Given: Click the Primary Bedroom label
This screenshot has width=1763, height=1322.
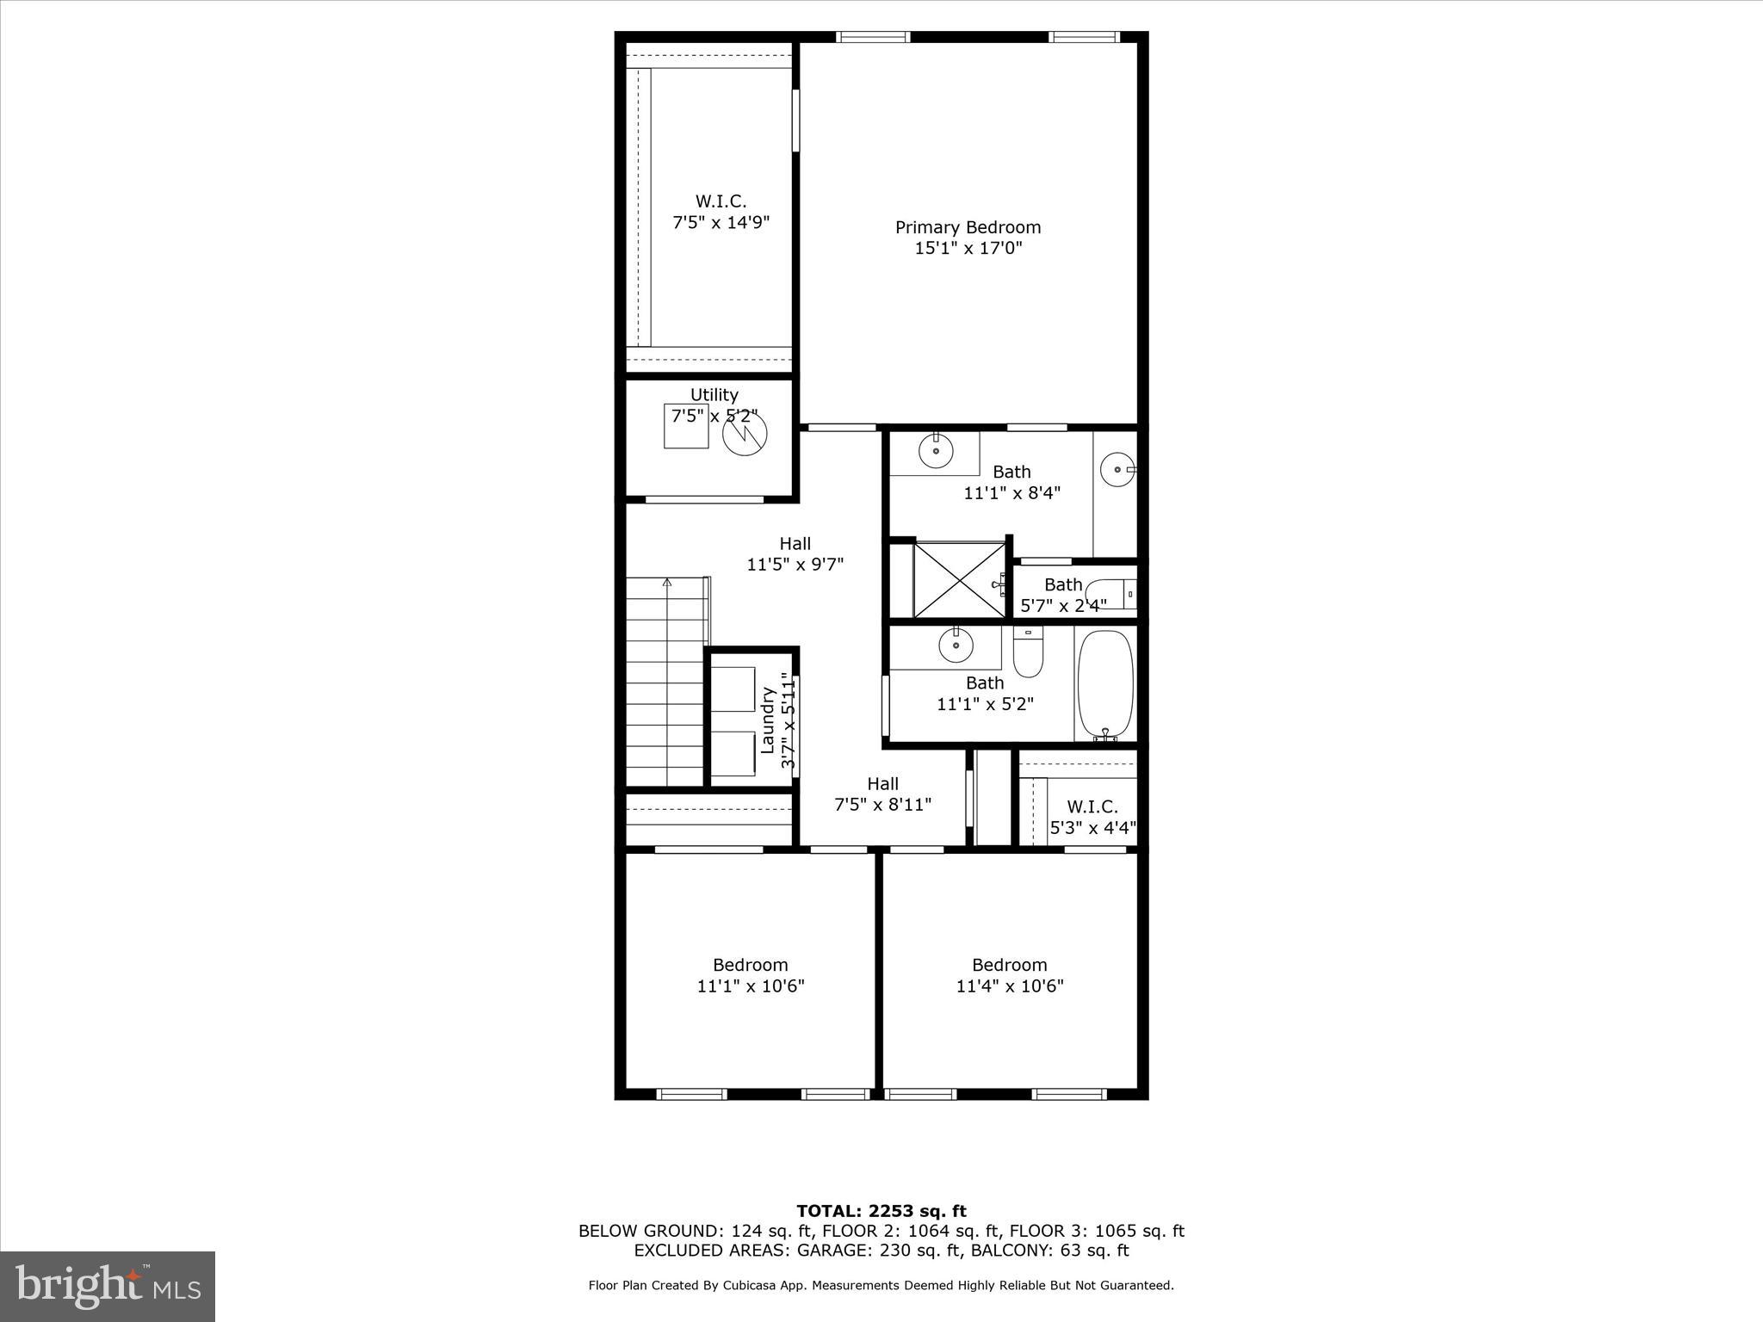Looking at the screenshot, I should click(968, 227).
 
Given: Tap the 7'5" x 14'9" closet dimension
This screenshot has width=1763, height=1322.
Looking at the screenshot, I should click(721, 222).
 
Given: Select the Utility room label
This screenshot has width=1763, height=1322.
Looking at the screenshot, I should click(714, 395).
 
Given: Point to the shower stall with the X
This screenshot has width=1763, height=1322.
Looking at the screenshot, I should click(959, 579).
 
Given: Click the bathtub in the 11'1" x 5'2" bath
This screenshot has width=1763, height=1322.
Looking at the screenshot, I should click(1105, 684).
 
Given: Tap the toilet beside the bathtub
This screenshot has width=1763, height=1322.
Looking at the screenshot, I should click(1028, 652).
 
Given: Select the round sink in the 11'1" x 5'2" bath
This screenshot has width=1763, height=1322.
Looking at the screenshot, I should click(956, 645).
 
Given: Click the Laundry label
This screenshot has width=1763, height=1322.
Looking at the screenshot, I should click(767, 720).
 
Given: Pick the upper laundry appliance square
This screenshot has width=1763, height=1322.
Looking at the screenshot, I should click(733, 689).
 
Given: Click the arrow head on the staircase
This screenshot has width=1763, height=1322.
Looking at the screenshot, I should click(666, 583).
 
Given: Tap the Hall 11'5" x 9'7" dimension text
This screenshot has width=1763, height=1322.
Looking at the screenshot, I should click(795, 565).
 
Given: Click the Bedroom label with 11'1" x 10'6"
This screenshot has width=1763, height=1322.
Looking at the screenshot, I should click(750, 965).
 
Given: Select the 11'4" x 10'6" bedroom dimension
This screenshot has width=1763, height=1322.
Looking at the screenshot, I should click(1010, 986).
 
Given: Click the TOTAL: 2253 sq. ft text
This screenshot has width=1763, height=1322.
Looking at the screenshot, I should click(881, 1212).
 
